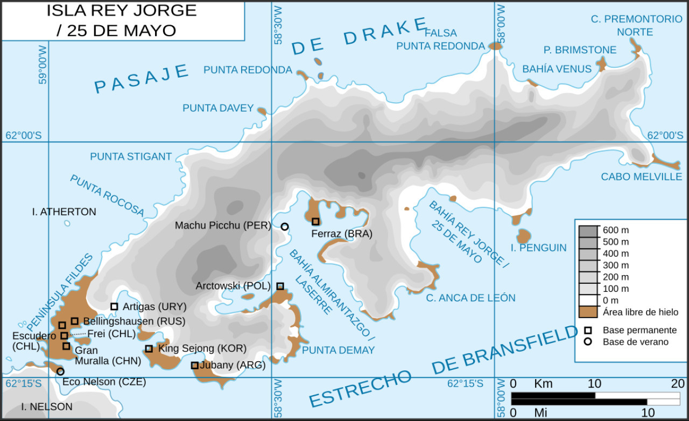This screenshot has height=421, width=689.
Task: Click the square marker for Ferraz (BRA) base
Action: pos(315,221)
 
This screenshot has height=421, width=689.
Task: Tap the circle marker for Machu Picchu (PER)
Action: pos(284,227)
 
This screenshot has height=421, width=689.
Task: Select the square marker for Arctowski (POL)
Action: pos(280,286)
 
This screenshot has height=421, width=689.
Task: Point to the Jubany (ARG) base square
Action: pos(195,366)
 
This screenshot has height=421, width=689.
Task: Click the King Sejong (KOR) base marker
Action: pos(149,349)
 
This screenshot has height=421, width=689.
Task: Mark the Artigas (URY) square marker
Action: pos(114,306)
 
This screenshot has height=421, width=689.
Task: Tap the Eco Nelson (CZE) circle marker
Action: pos(60,371)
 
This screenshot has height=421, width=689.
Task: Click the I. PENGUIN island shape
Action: pos(523,236)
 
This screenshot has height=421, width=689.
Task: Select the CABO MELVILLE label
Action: pos(641,177)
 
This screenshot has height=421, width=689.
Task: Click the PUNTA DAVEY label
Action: pos(218,108)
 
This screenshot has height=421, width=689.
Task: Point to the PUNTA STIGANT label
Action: pos(131,157)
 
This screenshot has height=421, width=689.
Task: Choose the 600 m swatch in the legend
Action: pos(588,230)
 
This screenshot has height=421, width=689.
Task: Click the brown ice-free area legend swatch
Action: pos(588,312)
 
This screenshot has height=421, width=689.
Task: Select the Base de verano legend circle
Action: pos(588,341)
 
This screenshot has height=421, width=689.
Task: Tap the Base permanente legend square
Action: pos(588,330)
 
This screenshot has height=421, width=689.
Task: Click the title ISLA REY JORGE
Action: pos(122,10)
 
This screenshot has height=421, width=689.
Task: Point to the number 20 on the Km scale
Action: pos(677,384)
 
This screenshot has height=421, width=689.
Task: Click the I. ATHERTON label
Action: pos(64,212)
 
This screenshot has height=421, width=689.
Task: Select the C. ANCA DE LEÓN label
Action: pos(470,298)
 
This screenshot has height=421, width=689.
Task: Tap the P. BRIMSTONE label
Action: pos(580,50)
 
